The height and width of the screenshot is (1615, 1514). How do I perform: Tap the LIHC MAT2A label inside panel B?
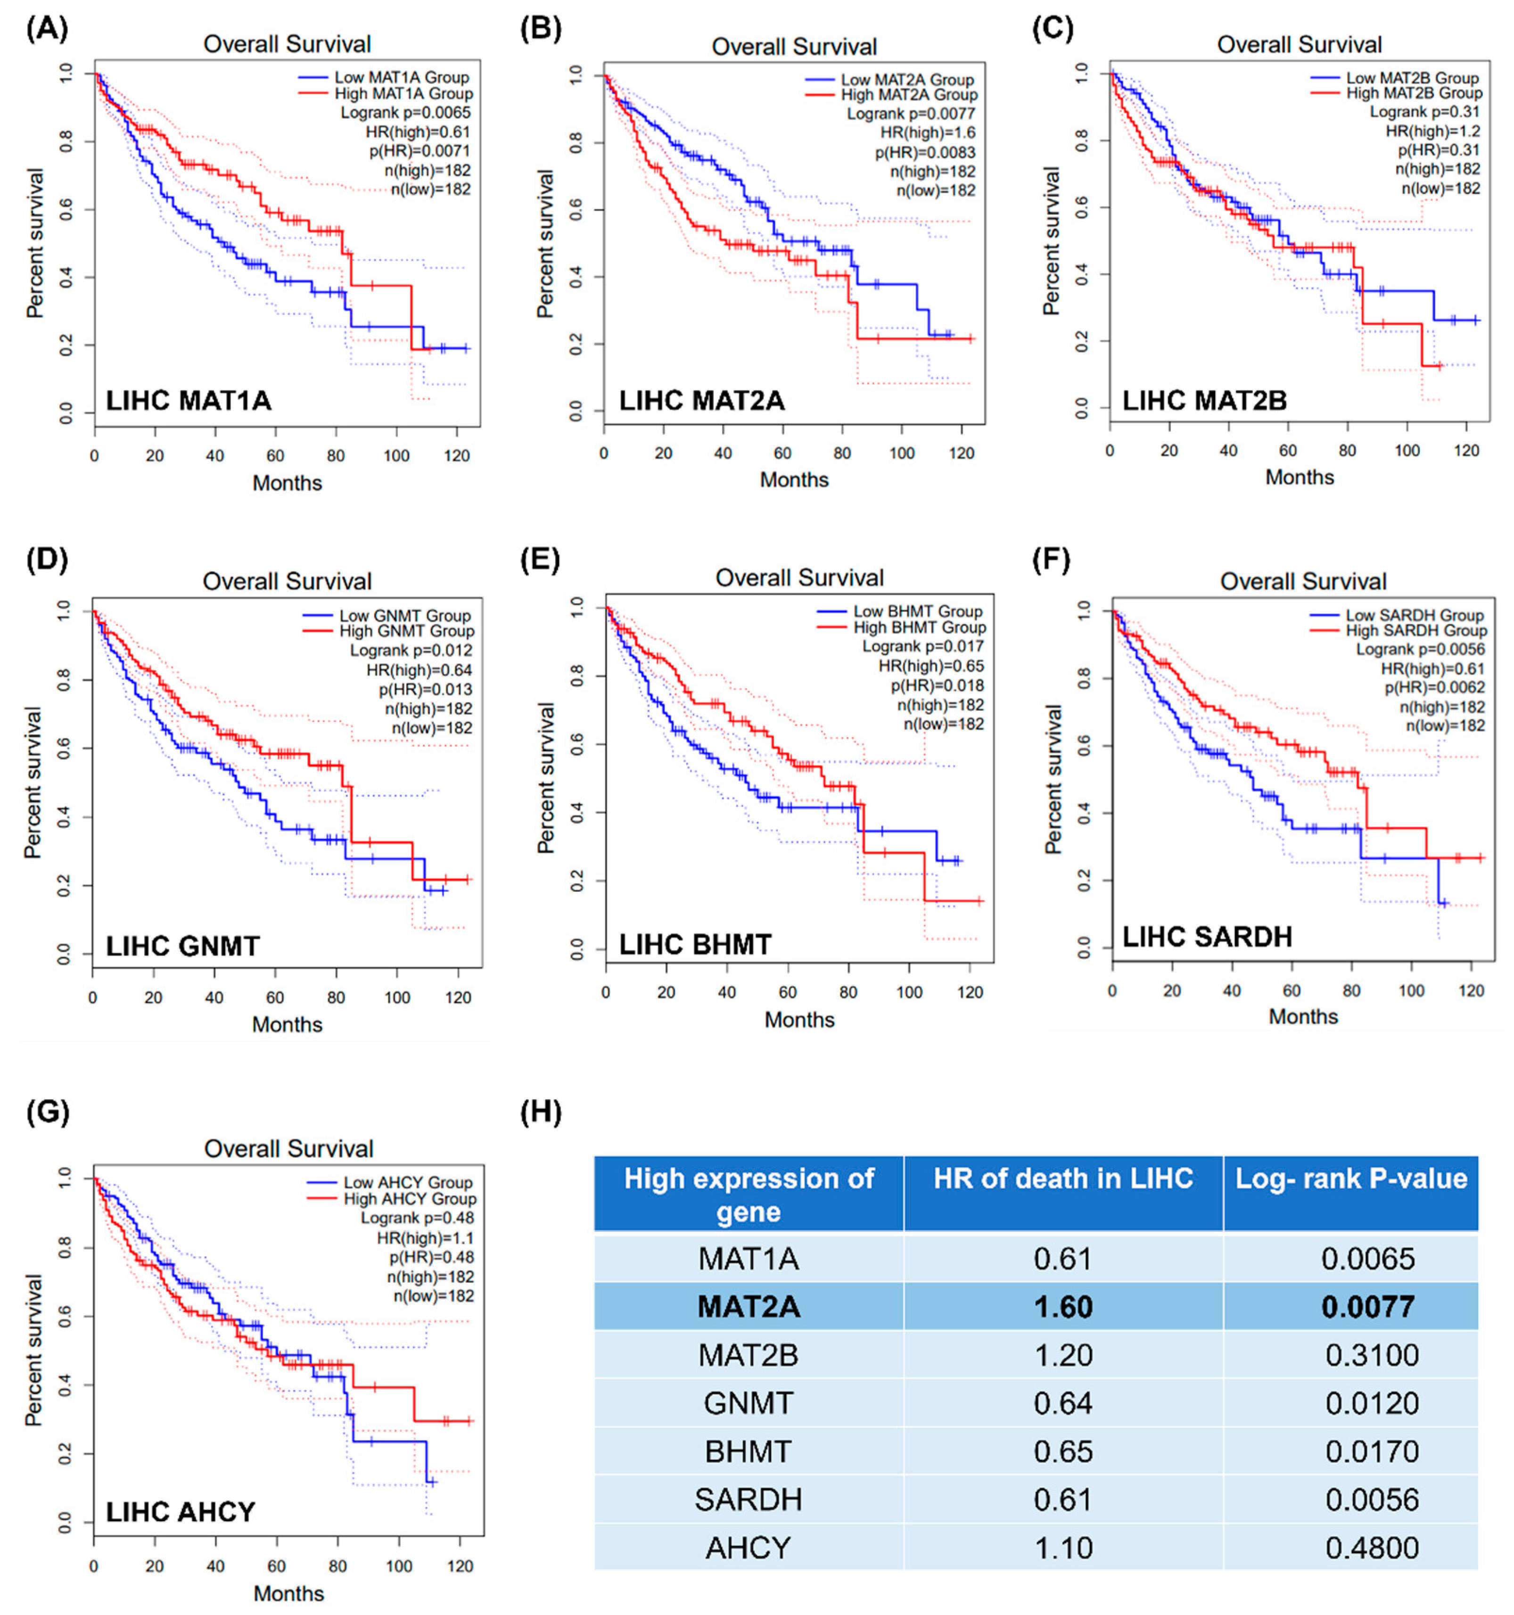click(x=702, y=401)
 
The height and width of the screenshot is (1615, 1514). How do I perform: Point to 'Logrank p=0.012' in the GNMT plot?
click(x=411, y=651)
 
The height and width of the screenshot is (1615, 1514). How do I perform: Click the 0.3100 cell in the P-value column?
click(x=1372, y=1355)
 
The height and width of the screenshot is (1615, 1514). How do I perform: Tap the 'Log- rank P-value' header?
click(x=1351, y=1179)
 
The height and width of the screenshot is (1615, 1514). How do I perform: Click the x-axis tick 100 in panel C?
click(x=1407, y=450)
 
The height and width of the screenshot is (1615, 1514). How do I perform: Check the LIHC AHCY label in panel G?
click(x=181, y=1512)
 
